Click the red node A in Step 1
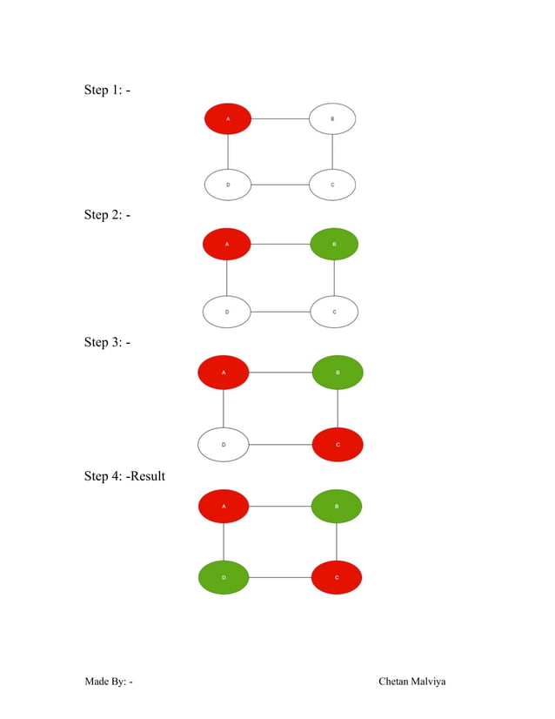point(228,118)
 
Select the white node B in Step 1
point(332,118)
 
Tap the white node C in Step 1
point(332,185)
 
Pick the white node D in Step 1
point(228,185)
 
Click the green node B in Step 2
point(334,244)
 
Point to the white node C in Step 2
point(334,312)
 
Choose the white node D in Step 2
point(227,312)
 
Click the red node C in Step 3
point(338,445)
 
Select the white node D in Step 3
point(224,445)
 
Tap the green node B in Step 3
point(338,373)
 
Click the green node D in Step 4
point(224,577)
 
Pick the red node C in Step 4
point(337,577)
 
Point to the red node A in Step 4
point(224,506)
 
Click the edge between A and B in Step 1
point(280,118)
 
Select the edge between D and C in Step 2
point(280,312)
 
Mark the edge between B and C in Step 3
point(338,408)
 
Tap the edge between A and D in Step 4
point(224,541)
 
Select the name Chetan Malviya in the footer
point(411,681)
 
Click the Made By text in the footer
point(108,681)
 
